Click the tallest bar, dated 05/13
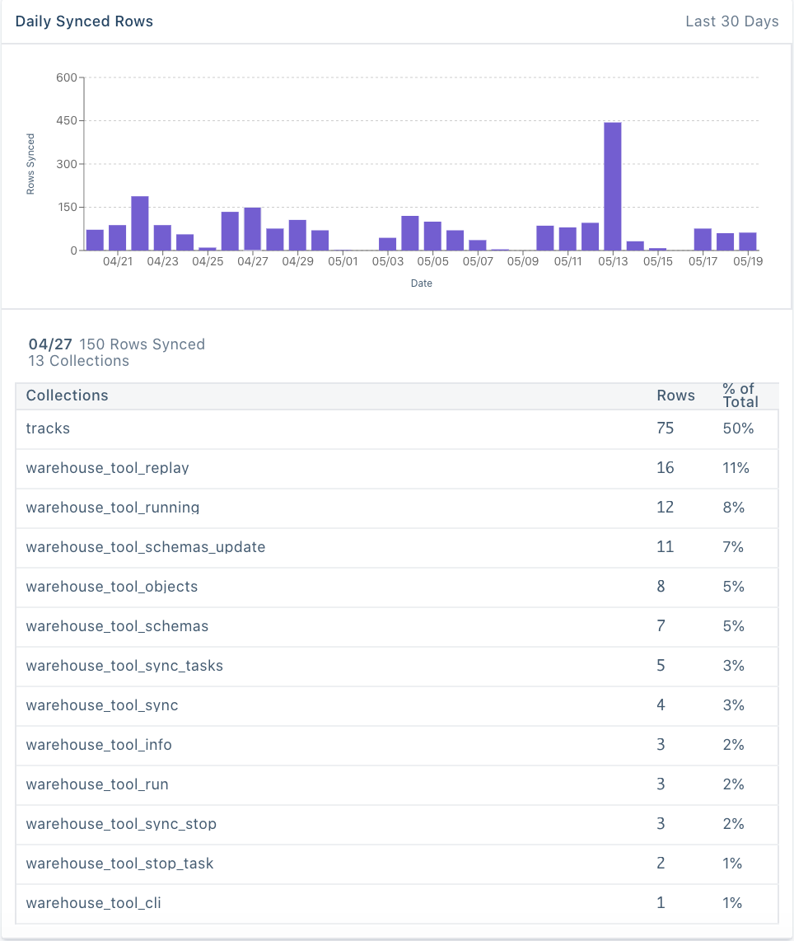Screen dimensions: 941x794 click(612, 186)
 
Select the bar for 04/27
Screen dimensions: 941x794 click(252, 229)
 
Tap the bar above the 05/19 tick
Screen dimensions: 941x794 click(747, 241)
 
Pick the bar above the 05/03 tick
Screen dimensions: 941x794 click(387, 244)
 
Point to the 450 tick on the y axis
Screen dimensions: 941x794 click(66, 121)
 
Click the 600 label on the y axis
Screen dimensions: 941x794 click(66, 78)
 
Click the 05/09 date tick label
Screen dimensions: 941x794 click(522, 261)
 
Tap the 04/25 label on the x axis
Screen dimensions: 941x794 click(208, 261)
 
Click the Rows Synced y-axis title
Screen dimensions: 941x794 click(30, 164)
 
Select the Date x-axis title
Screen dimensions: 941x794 click(421, 283)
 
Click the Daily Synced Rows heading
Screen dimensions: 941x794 click(84, 21)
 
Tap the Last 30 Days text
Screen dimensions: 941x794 click(731, 21)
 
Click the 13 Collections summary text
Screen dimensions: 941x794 click(78, 361)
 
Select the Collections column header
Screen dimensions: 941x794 click(67, 396)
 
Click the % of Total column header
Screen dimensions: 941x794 click(739, 396)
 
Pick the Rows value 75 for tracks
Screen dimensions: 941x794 click(665, 428)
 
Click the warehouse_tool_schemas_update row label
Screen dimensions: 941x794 click(145, 547)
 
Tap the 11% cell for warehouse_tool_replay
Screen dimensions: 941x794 click(736, 468)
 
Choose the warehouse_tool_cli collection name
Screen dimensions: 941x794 click(93, 903)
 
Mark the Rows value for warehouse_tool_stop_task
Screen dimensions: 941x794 click(661, 864)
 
